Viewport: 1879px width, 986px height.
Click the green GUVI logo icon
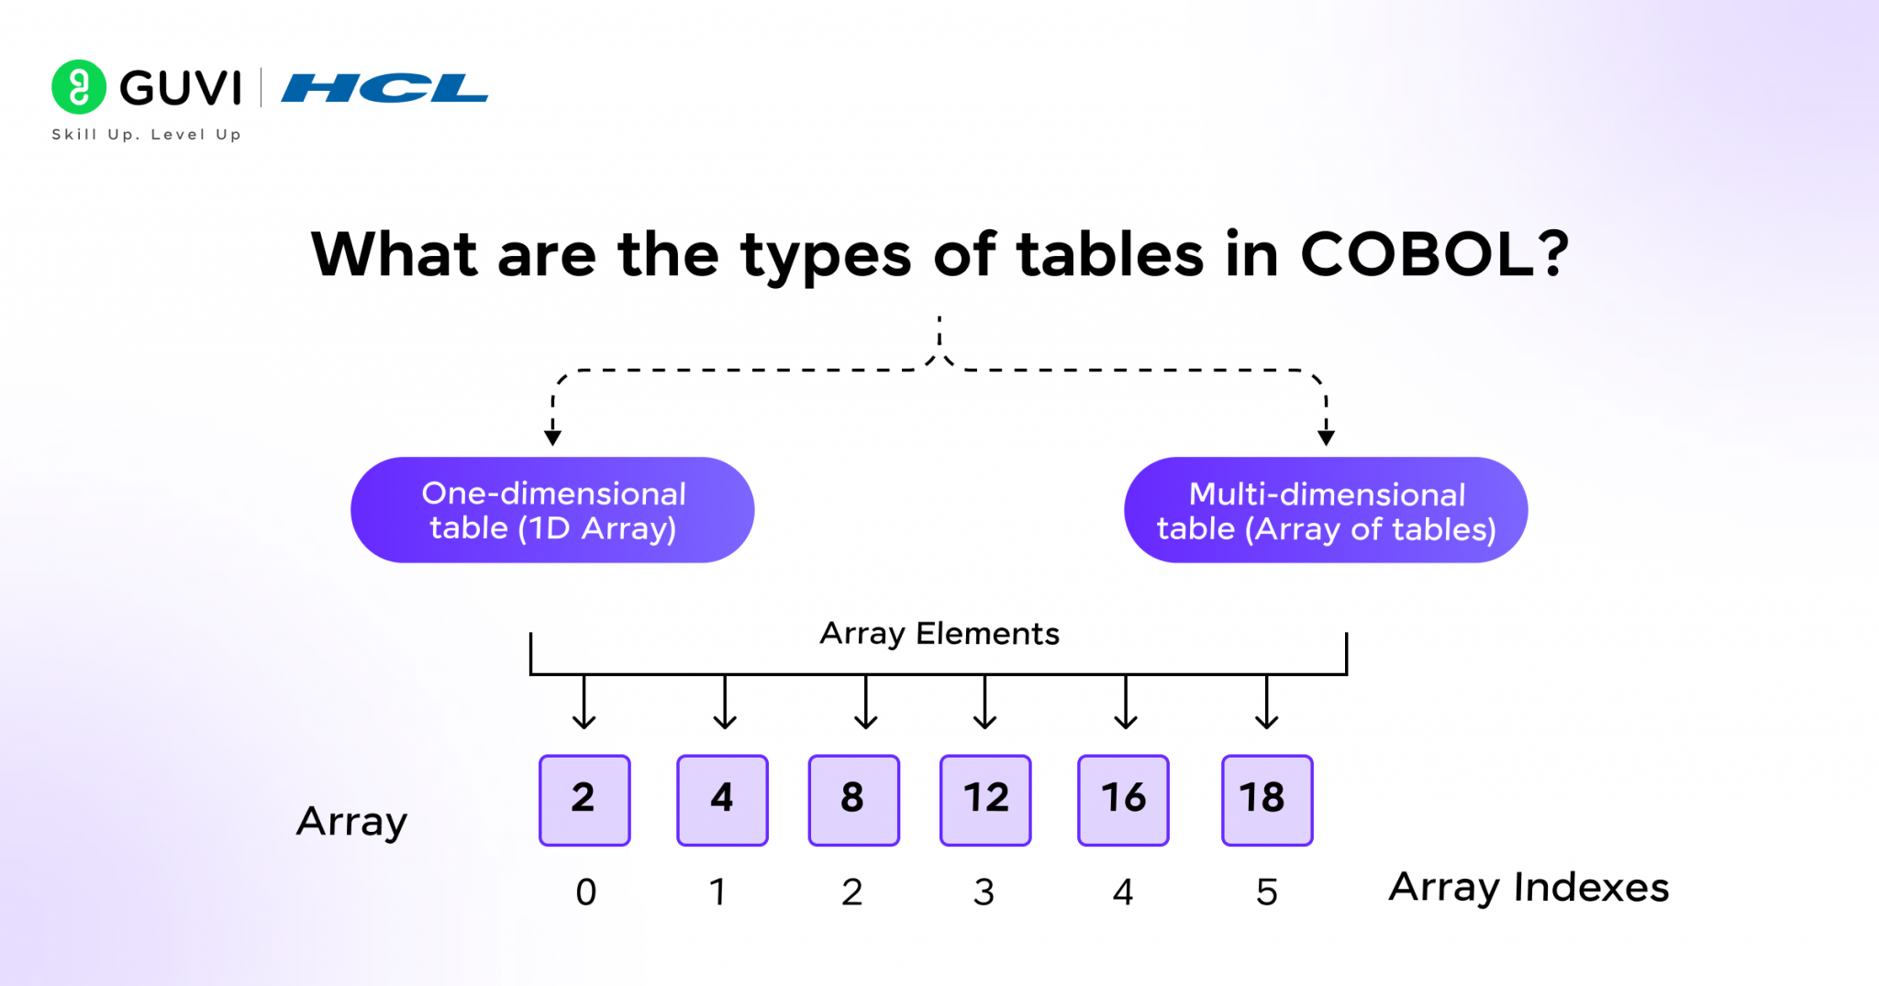(78, 87)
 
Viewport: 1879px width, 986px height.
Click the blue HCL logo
(384, 88)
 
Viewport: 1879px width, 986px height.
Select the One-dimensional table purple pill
(552, 510)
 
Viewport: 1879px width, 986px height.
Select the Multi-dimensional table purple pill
(1326, 510)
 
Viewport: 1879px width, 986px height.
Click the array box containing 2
(584, 800)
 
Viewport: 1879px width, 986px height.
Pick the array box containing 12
(985, 800)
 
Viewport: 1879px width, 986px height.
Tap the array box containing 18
(1267, 800)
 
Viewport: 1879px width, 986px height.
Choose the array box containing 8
(853, 800)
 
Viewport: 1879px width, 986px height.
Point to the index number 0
(585, 892)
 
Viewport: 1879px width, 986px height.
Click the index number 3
(984, 892)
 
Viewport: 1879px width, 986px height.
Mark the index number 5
(1266, 892)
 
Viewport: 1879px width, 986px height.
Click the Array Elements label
(939, 634)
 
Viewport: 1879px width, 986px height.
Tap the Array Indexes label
(1529, 887)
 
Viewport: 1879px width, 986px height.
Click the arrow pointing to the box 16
(1126, 704)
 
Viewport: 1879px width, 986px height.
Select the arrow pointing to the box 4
(725, 704)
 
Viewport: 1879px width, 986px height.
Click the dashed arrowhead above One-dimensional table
(552, 437)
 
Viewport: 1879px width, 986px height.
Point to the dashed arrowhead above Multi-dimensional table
(1326, 437)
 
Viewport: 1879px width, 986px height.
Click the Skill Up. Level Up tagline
(146, 135)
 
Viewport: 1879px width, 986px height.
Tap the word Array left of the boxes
(351, 822)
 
